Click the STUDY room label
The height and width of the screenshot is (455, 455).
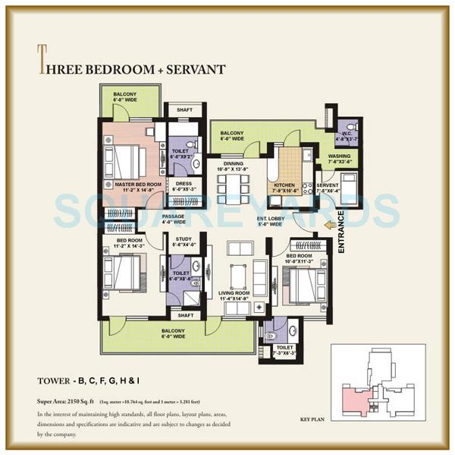[184, 242]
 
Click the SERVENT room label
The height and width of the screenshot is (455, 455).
[328, 187]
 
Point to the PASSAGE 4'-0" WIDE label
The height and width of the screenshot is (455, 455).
[174, 219]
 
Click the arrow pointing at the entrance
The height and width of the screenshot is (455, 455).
[328, 224]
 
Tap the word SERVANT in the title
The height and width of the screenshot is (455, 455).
[193, 69]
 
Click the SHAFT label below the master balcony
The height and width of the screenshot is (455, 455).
[184, 109]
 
